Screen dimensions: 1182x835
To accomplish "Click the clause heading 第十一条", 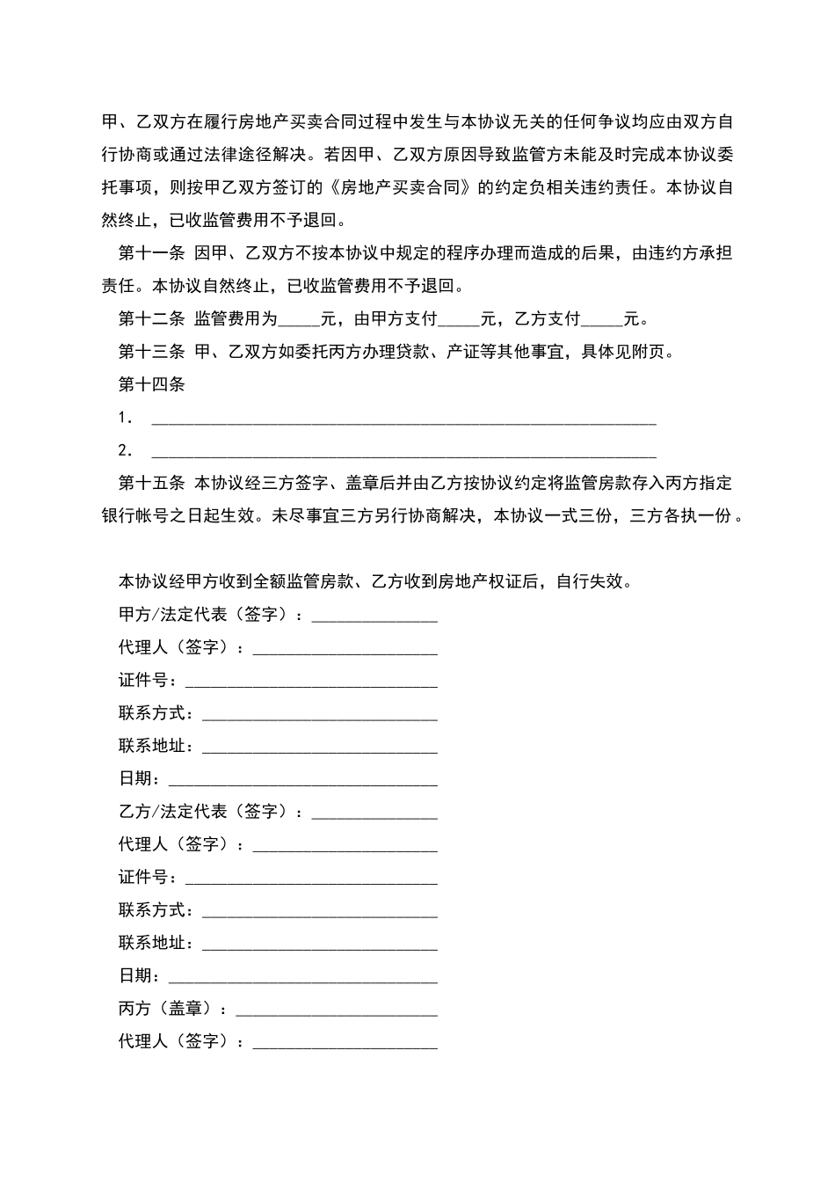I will click(151, 253).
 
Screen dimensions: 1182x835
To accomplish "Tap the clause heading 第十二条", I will click(151, 319).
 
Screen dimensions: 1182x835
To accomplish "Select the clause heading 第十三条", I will click(151, 352).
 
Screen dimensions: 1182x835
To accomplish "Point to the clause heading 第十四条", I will click(151, 384).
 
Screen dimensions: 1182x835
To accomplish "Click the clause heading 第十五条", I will click(151, 484).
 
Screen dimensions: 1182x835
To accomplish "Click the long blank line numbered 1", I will click(404, 420).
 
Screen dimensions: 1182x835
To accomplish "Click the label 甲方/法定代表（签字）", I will click(210, 615).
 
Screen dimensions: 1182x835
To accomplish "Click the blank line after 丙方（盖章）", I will click(337, 1011).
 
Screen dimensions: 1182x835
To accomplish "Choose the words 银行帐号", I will click(134, 516).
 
